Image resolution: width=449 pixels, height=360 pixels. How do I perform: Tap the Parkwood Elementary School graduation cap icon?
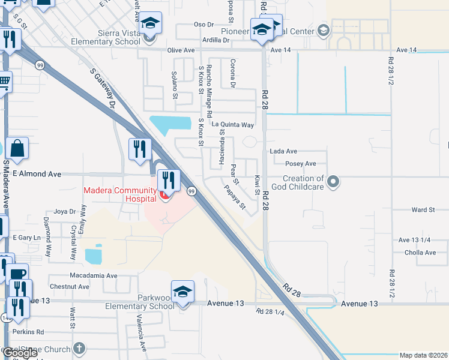[x=182, y=292]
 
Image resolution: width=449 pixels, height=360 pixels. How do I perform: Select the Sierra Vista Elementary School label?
[x=106, y=38]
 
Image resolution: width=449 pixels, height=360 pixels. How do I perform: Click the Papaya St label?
[x=235, y=197]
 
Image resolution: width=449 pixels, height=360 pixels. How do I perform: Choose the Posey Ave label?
[x=301, y=164]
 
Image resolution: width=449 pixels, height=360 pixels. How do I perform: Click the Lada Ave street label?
[x=284, y=152]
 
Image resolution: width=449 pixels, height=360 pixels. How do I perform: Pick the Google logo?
[x=19, y=353]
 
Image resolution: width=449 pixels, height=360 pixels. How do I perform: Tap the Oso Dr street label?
[x=204, y=25]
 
